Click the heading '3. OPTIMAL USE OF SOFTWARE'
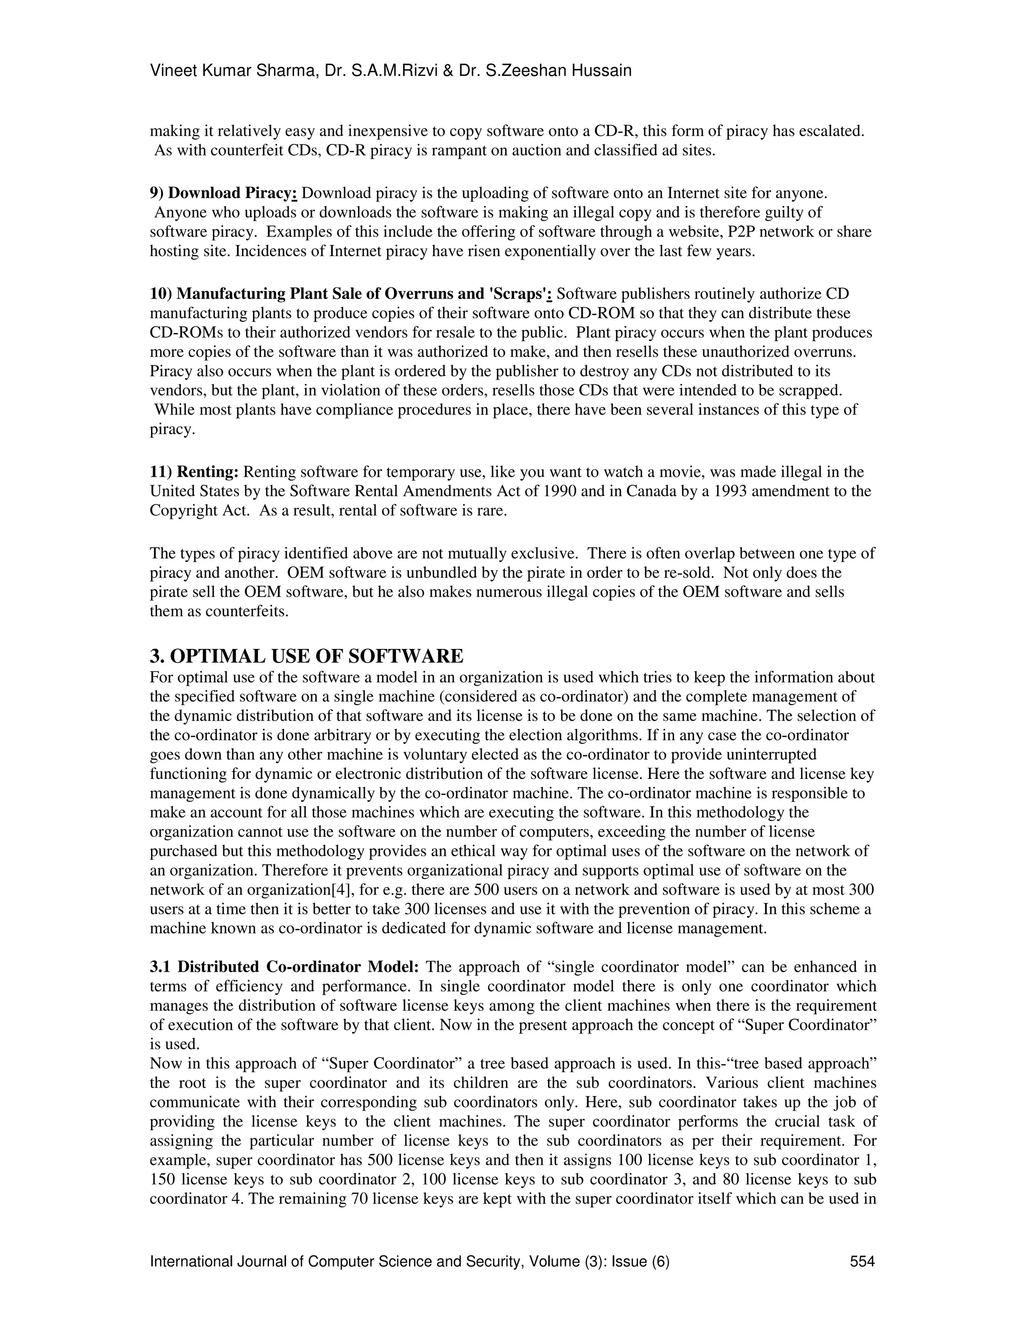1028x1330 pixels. (x=306, y=656)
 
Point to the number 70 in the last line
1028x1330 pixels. (x=358, y=1199)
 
